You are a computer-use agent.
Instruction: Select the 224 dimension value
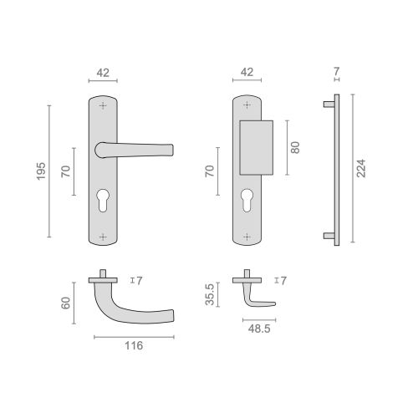tap(361, 171)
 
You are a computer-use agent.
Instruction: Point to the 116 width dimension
tap(134, 345)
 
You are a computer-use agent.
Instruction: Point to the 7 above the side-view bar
tap(335, 73)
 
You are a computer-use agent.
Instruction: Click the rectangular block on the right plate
tap(256, 147)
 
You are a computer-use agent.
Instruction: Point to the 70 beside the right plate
tap(210, 173)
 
